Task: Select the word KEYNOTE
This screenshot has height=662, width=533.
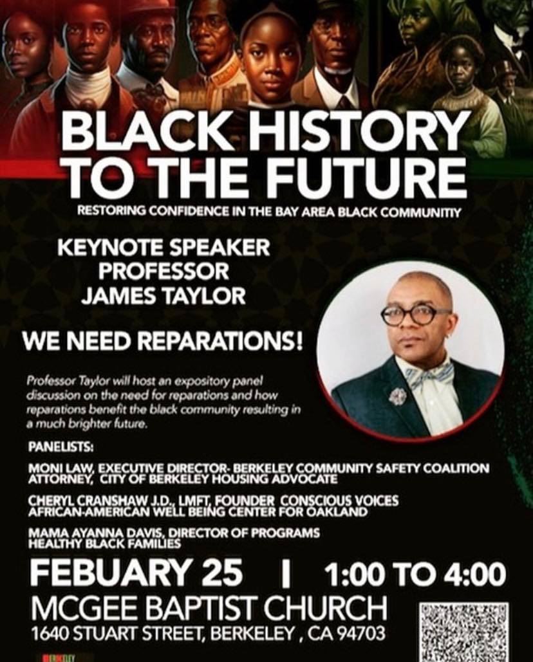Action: pos(112,248)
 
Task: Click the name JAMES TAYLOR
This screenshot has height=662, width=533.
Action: pos(164,295)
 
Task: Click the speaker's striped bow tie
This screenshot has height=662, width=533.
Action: pos(429,374)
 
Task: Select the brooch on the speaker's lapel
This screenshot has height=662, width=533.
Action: pos(397,396)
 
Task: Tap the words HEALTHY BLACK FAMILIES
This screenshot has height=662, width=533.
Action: pos(104,544)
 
